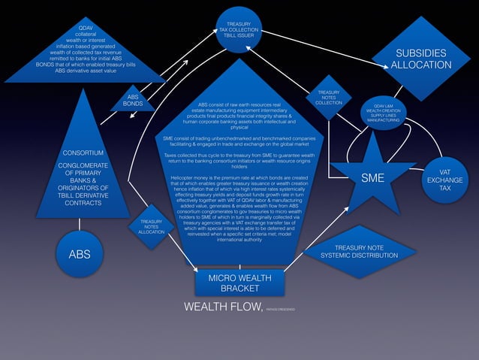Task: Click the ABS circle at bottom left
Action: (80, 254)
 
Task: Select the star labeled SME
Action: (372, 178)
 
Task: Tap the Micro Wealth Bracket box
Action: (239, 283)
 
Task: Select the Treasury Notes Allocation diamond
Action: (151, 227)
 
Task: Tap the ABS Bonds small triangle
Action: (133, 101)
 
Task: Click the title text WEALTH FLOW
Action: (223, 307)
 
